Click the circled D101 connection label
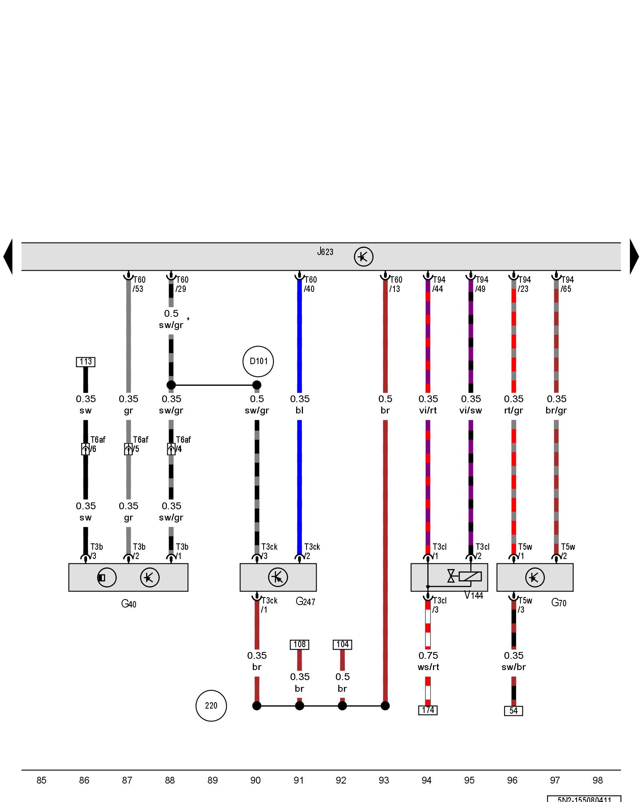pos(258,361)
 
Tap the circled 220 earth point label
pos(211,705)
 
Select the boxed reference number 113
pos(85,362)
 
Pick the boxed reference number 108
pos(299,644)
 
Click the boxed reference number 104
pos(342,644)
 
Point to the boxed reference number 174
pos(428,710)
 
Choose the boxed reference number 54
pos(513,711)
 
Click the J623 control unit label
pos(325,252)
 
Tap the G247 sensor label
pos(305,601)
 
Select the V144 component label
pos(473,595)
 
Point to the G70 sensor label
pos(559,602)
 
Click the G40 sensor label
pos(128,604)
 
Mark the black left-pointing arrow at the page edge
pos(8,257)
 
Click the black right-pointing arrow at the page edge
pos(634,257)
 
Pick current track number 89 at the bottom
pos(213,780)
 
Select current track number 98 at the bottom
pos(597,780)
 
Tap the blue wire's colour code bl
pos(299,410)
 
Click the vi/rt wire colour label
pos(428,410)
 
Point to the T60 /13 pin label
pos(395,284)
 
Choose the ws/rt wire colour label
pos(428,667)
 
